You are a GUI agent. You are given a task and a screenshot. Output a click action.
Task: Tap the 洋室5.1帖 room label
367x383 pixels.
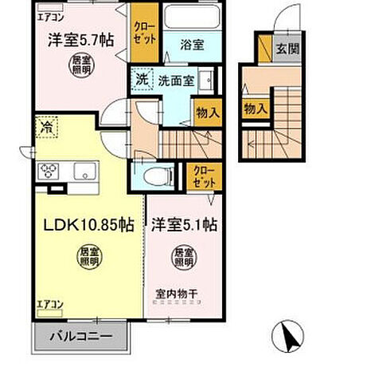click(x=184, y=226)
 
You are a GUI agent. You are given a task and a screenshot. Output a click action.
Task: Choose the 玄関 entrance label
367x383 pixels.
click(x=287, y=49)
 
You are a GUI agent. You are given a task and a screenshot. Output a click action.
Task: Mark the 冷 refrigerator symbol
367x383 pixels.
click(x=46, y=125)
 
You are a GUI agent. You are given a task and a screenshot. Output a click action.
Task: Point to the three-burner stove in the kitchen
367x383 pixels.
click(x=49, y=170)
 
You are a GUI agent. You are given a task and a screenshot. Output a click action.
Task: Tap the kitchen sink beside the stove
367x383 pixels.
click(x=83, y=171)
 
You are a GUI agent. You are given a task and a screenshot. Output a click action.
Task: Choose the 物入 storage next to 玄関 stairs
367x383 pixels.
click(x=255, y=108)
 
